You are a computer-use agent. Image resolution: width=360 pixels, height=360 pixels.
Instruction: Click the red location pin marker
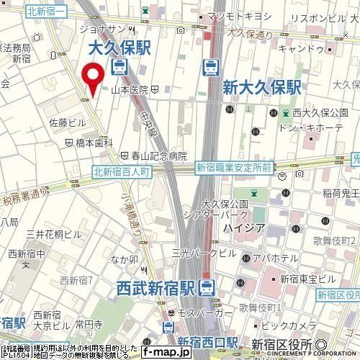pyautogui.click(x=91, y=78)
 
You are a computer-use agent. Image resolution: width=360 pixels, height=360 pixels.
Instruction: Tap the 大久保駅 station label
pyautogui.click(x=118, y=49)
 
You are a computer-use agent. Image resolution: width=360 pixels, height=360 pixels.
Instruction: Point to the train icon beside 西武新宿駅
pyautogui.click(x=207, y=287)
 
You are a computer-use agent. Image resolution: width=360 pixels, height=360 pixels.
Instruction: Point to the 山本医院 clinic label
pyautogui.click(x=130, y=90)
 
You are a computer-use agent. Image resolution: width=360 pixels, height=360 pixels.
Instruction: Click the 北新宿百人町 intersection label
pyautogui.click(x=121, y=171)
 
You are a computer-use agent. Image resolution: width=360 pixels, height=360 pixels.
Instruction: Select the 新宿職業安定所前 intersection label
pyautogui.click(x=233, y=167)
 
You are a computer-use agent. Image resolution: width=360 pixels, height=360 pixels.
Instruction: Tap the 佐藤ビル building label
pyautogui.click(x=66, y=123)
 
